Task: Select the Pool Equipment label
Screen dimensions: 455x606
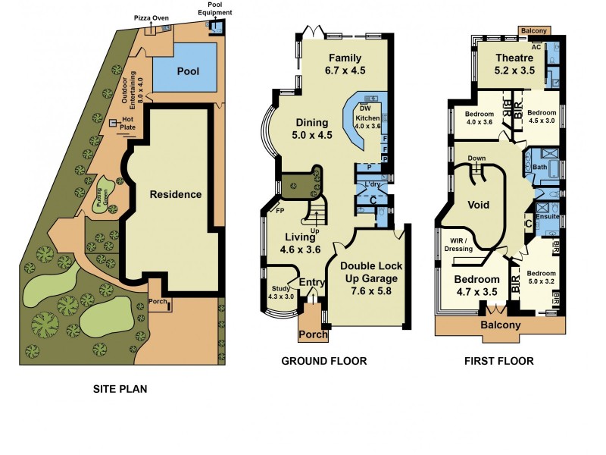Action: pos(211,8)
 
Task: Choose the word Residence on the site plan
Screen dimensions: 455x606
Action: pos(175,194)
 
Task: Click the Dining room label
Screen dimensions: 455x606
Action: pos(311,122)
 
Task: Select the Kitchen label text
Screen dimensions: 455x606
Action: pos(367,118)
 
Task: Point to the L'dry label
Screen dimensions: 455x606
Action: pos(372,185)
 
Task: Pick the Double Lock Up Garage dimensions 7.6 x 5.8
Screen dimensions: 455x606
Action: pos(370,290)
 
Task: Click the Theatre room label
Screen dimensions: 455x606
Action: pos(514,58)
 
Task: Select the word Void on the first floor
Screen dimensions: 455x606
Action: pos(479,205)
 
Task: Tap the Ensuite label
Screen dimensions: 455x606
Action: pos(547,217)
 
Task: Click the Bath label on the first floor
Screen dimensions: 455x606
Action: pos(540,166)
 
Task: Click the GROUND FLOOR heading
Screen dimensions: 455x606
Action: pos(323,362)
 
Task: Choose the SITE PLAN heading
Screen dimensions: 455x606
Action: pos(120,390)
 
